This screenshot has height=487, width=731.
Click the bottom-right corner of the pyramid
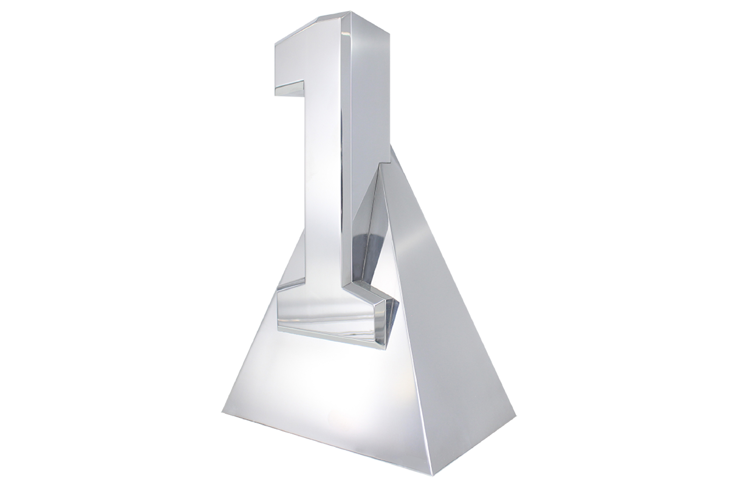pos(516,415)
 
